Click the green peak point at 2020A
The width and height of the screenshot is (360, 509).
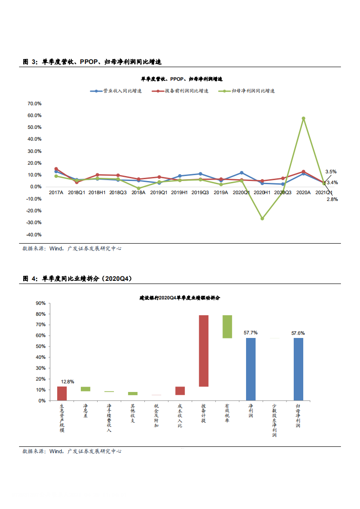click(303, 118)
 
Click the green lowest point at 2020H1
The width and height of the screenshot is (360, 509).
click(262, 218)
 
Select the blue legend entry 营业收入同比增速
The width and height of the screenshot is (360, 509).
click(116, 91)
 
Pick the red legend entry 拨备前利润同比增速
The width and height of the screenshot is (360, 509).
click(180, 91)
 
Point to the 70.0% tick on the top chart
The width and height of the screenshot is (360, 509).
click(35, 103)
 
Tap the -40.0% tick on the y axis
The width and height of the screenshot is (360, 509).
click(35, 235)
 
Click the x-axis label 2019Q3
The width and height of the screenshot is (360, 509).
click(200, 192)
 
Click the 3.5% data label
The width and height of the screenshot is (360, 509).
click(331, 171)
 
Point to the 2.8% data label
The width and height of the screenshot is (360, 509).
click(332, 199)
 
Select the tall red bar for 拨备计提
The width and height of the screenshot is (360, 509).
click(203, 351)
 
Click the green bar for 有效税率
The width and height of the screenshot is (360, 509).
click(227, 327)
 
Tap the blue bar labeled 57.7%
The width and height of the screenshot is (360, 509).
click(251, 369)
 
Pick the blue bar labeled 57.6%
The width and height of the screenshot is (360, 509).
click(298, 369)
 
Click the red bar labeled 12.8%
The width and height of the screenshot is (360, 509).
click(62, 393)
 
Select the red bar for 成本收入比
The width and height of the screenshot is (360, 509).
click(180, 391)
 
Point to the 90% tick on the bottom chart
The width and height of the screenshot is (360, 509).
click(40, 303)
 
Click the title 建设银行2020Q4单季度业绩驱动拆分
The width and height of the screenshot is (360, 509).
click(180, 298)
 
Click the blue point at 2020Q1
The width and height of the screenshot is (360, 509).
click(242, 173)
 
